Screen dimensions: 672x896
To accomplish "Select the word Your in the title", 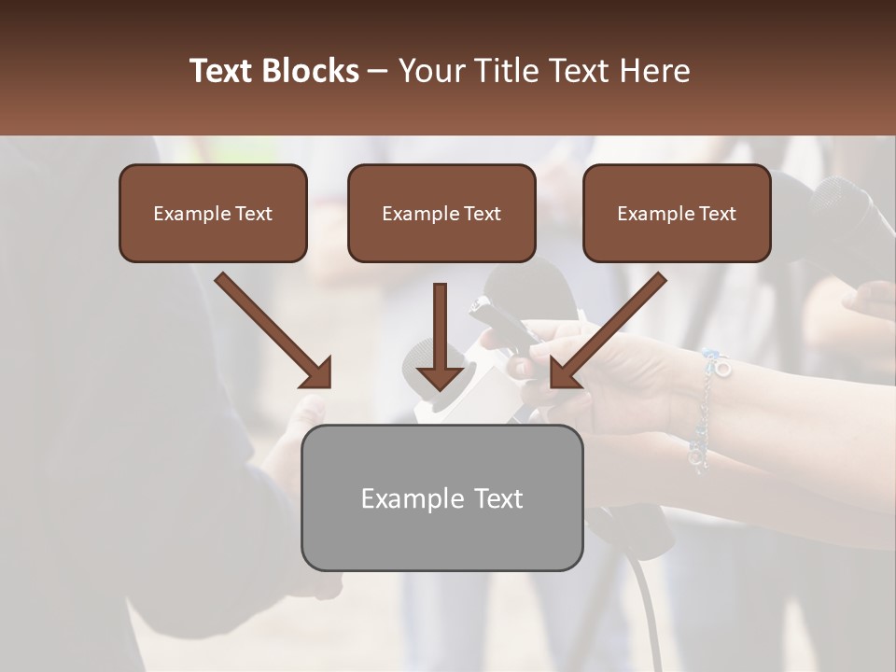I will tap(432, 71).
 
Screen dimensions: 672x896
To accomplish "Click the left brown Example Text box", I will tap(213, 213).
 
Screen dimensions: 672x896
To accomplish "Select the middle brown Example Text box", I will tap(441, 213).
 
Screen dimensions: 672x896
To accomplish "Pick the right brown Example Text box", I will tap(677, 213).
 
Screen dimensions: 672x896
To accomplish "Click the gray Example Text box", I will tap(441, 497).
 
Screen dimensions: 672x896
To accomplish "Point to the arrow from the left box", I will tap(273, 331).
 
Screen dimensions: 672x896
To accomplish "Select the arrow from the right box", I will tap(608, 331).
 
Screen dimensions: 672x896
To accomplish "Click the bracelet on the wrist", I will tap(707, 411).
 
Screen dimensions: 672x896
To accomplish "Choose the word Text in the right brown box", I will tap(717, 214).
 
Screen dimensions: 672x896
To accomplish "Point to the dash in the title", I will tap(379, 72).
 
